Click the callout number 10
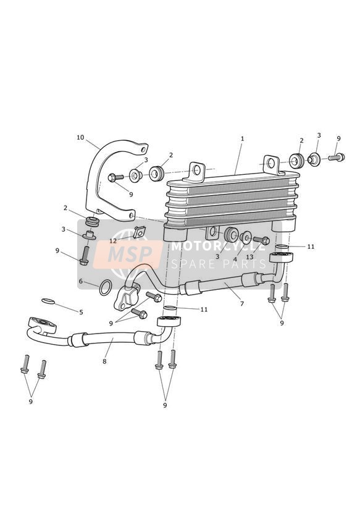pyautogui.click(x=80, y=137)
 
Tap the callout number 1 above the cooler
pyautogui.click(x=242, y=138)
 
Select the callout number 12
pyautogui.click(x=113, y=241)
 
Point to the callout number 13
pyautogui.click(x=249, y=257)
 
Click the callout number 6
pyautogui.click(x=81, y=281)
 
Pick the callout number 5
pyautogui.click(x=81, y=312)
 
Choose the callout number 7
pyautogui.click(x=242, y=304)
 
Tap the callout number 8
pyautogui.click(x=104, y=361)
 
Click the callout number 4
pyautogui.click(x=235, y=259)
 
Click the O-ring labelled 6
pyautogui.click(x=106, y=288)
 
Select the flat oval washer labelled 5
pyautogui.click(x=48, y=301)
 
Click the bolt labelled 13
pyautogui.click(x=261, y=240)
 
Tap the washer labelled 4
pyautogui.click(x=246, y=237)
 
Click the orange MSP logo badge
pyautogui.click(x=127, y=254)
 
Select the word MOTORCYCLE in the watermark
pyautogui.click(x=219, y=246)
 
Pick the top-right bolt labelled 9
pyautogui.click(x=337, y=158)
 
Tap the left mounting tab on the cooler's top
pyautogui.click(x=196, y=171)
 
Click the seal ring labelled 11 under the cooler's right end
pyautogui.click(x=282, y=248)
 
